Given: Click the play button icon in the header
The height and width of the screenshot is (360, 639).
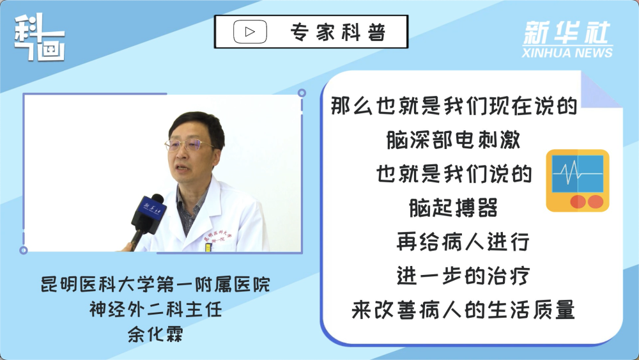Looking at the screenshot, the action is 250,32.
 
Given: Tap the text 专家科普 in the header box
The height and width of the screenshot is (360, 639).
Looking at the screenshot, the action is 338,32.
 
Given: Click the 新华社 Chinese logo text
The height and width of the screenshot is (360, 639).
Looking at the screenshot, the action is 567,33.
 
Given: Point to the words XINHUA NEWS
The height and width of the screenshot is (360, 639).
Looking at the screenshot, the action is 567,52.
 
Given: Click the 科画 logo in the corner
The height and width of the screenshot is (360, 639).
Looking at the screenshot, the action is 40,38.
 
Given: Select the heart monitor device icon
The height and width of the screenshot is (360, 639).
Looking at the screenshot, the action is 578,180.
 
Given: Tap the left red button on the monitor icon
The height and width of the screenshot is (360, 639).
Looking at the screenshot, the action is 578,201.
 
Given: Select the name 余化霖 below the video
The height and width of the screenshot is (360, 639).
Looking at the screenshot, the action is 155,334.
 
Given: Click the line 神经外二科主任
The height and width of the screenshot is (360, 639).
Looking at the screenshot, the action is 155,309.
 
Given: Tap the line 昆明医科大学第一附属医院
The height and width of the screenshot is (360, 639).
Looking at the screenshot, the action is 155,284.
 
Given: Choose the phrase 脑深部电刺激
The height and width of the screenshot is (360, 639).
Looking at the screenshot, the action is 453,140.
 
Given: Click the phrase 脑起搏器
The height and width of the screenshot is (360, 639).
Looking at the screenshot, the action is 453,208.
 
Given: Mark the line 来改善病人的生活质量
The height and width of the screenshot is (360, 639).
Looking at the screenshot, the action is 463,310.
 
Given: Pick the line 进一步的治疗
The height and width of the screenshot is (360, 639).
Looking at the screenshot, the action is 463,276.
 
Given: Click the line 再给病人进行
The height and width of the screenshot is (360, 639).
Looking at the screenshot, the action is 463,242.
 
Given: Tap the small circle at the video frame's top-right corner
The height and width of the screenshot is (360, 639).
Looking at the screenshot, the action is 302,93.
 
